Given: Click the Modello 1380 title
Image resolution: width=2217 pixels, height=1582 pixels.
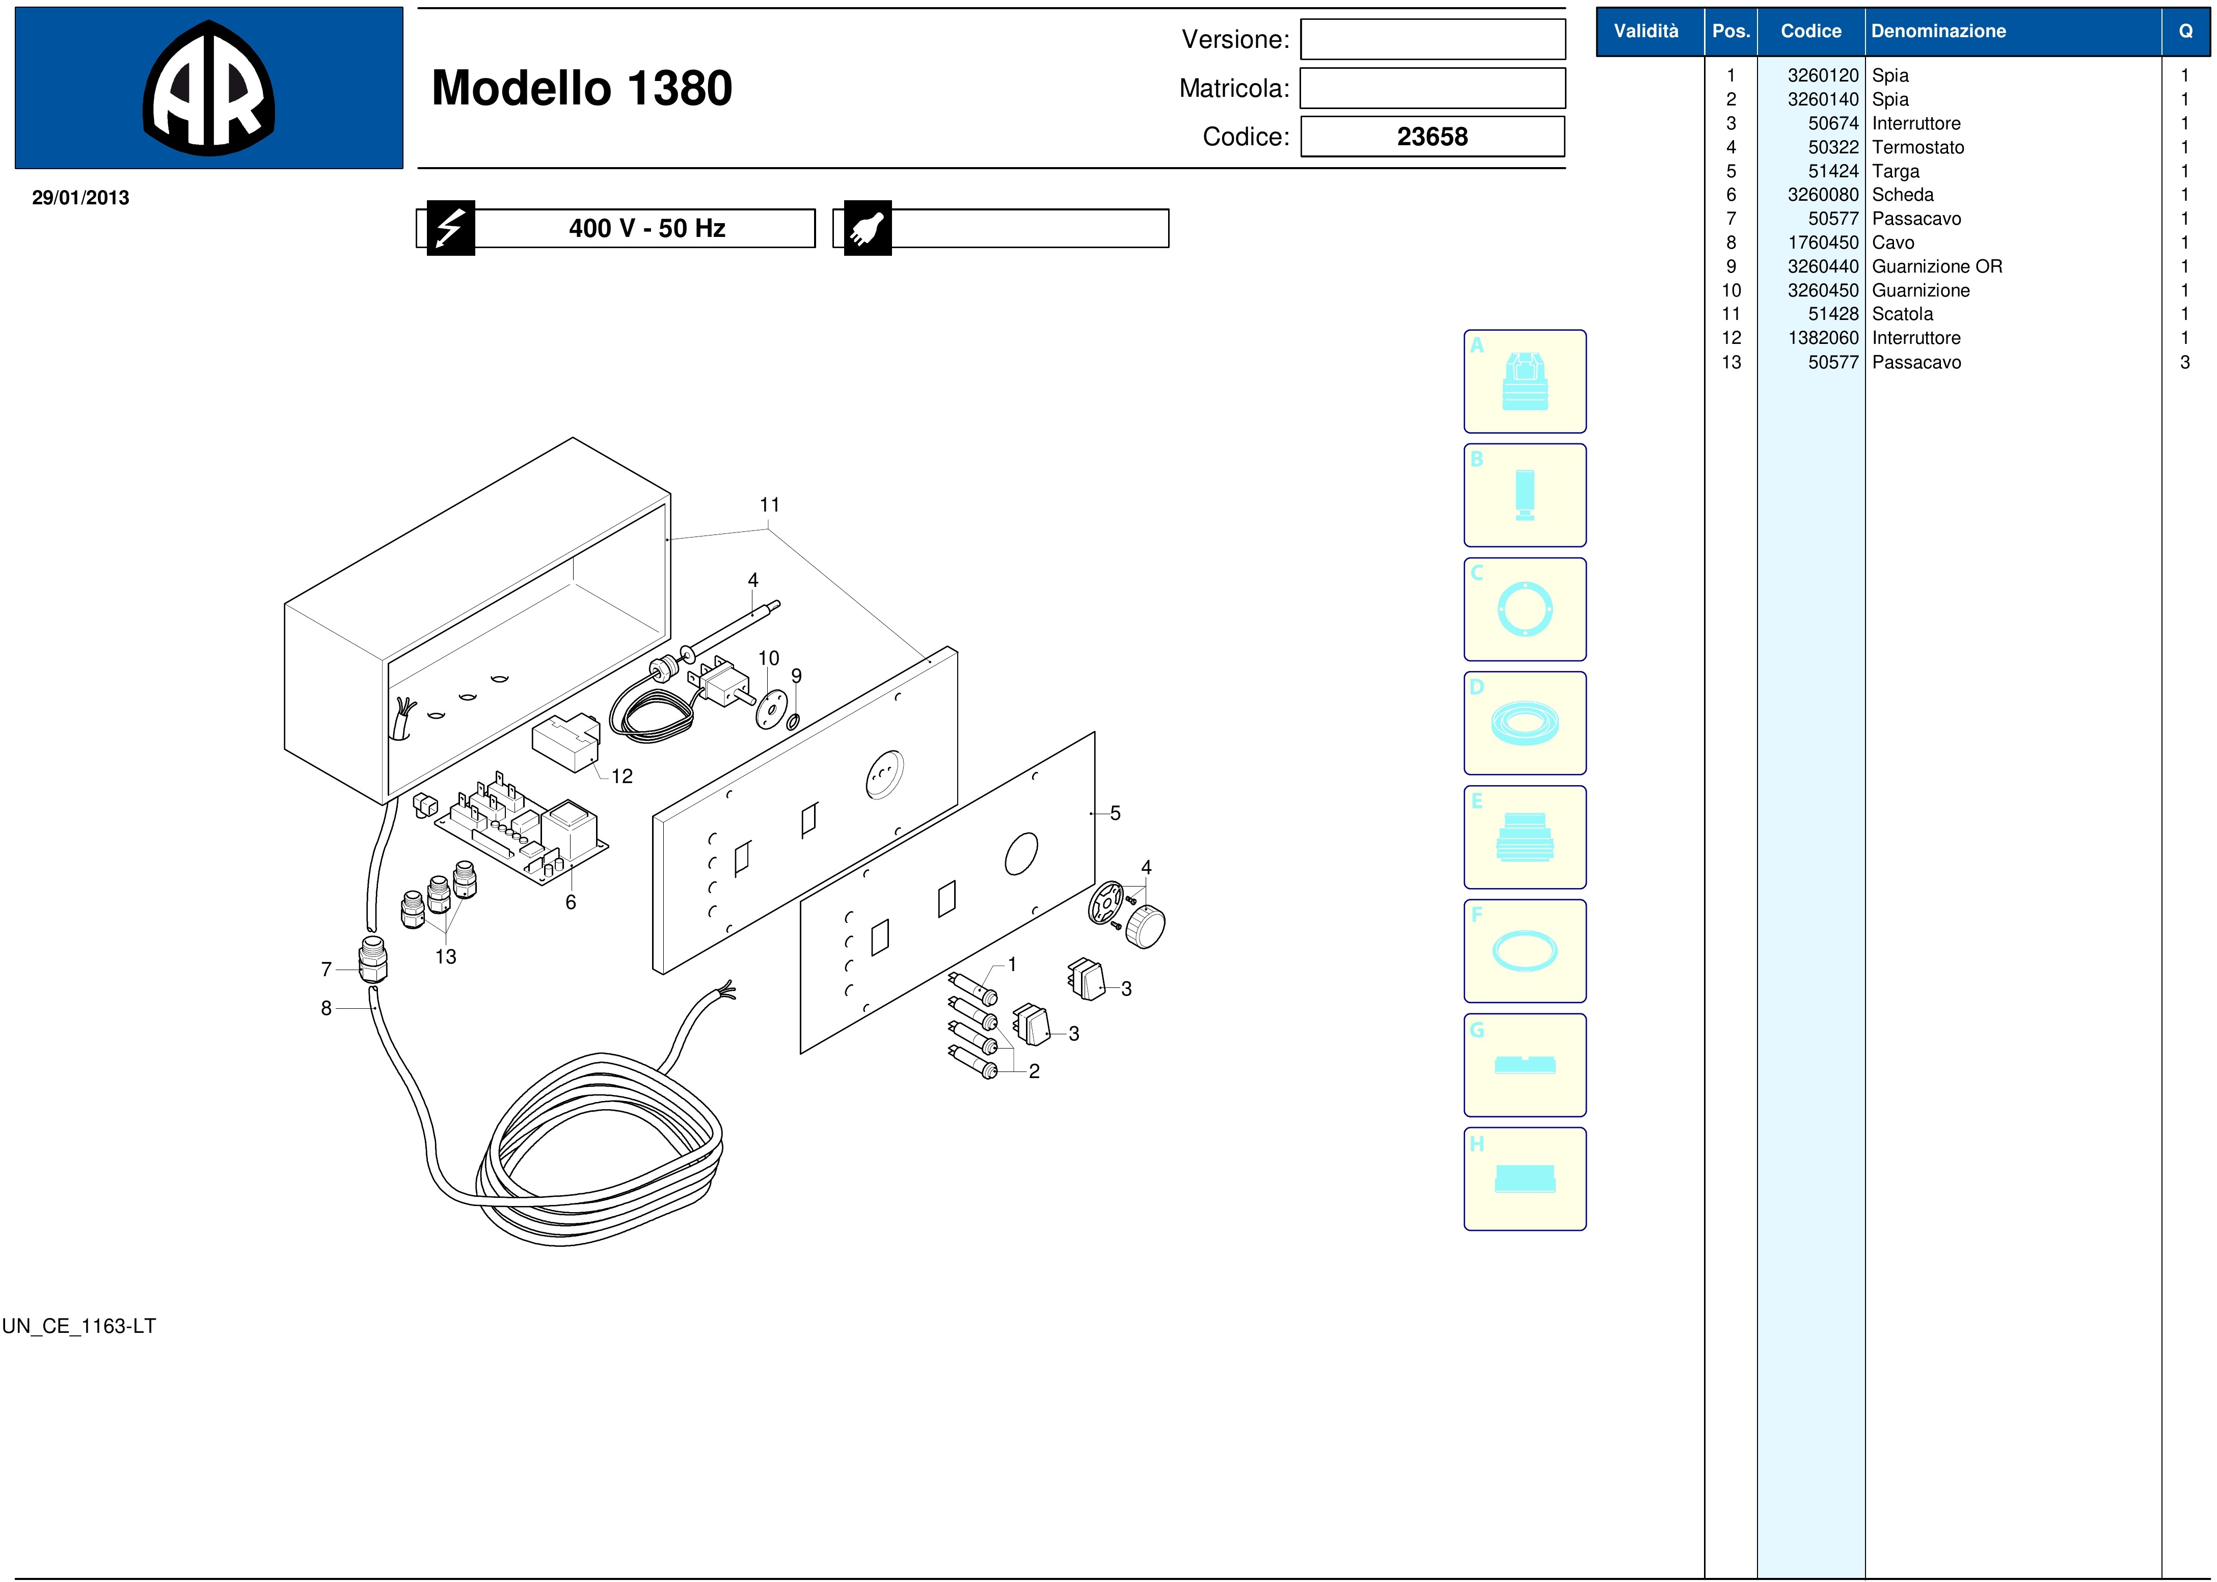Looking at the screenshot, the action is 582,88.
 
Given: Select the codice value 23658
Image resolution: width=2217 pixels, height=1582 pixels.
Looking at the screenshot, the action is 1432,137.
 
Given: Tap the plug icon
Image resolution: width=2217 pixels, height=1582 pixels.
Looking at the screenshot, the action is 867,228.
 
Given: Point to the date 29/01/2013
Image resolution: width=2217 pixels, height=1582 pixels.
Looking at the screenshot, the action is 81,198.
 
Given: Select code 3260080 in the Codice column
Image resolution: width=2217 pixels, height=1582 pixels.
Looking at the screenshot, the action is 1823,195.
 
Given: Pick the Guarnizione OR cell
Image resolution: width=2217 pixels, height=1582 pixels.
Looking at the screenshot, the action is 1936,266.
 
